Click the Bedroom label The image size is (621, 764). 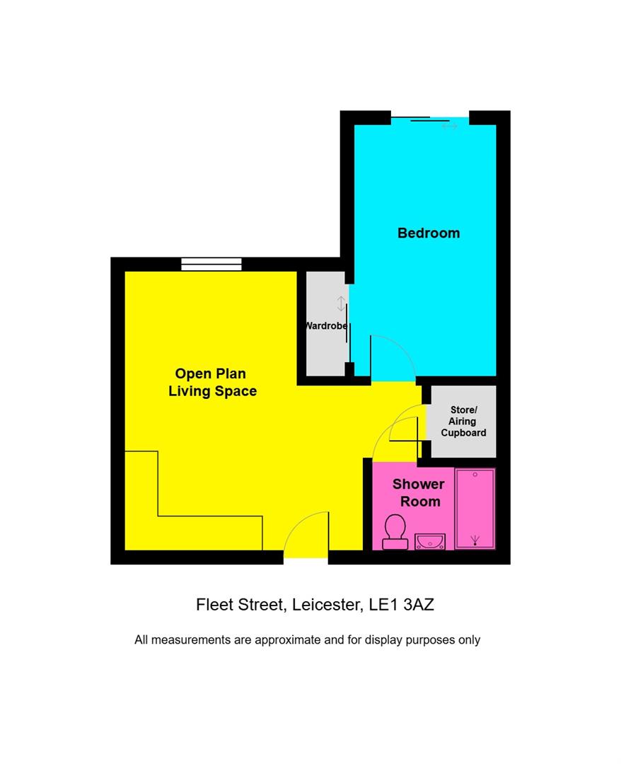[428, 233]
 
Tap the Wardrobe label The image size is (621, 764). [326, 326]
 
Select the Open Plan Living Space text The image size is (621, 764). [212, 382]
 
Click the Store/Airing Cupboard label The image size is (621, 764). [463, 421]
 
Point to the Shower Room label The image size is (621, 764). [418, 492]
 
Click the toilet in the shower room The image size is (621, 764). [395, 532]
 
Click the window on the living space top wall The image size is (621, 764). [211, 264]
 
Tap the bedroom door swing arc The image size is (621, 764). [393, 354]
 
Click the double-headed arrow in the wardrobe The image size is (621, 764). [341, 303]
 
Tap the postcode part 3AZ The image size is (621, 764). [423, 605]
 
